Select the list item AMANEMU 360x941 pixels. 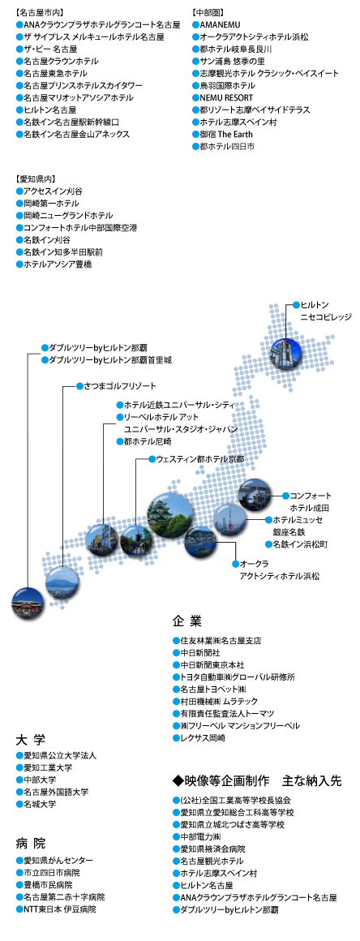point(213,24)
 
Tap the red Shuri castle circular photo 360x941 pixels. point(28,603)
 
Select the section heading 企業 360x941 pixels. point(186,620)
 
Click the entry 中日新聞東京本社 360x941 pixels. point(208,665)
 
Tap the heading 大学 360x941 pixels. point(31,739)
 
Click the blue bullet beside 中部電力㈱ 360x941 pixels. point(176,836)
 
